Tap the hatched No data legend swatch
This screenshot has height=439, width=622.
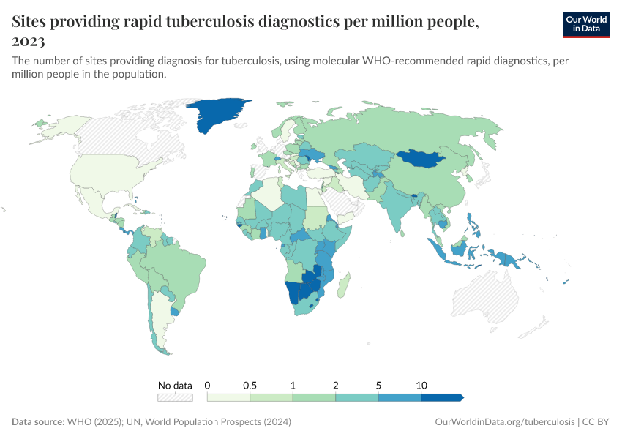coord(175,397)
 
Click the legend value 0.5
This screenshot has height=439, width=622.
coord(250,385)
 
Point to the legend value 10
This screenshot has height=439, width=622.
coord(421,385)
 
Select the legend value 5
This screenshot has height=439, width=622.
coord(378,385)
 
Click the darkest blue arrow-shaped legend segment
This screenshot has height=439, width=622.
coord(442,397)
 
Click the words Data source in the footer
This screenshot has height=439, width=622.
coord(37,422)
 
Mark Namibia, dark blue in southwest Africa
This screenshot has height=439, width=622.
coord(296,292)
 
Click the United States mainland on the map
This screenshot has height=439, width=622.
coord(110,175)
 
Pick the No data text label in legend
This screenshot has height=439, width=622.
coord(175,385)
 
